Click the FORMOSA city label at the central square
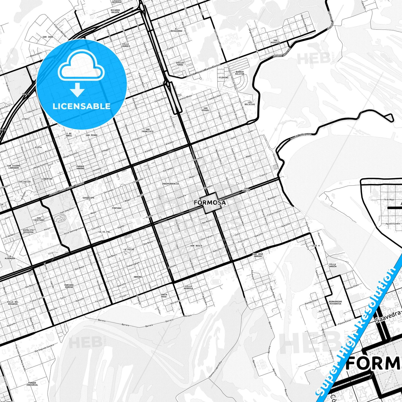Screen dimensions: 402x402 coord(209,203)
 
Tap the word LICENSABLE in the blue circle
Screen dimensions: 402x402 coord(82,106)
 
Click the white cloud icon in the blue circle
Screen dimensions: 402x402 coord(81,69)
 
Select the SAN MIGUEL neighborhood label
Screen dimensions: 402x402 coord(206,109)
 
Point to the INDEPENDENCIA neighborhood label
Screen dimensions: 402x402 coord(170,184)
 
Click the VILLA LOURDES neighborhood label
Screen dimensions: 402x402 coord(125,45)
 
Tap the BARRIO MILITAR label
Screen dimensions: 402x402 coord(240,73)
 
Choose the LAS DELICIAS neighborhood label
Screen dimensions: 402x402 coord(250,103)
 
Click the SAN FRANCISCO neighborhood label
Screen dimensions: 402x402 coord(147,130)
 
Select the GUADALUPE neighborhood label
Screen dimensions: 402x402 coord(88,198)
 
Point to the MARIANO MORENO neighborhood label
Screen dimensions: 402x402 coord(69,286)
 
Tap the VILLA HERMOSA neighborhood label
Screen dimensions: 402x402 coord(188,287)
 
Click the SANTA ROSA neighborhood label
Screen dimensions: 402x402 coord(164,295)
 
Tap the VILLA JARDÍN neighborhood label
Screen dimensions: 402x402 coord(332,265)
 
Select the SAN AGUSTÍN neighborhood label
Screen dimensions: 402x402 coord(275,41)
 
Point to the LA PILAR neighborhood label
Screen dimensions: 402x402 coord(129,249)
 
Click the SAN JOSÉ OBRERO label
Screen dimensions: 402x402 coord(258,255)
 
